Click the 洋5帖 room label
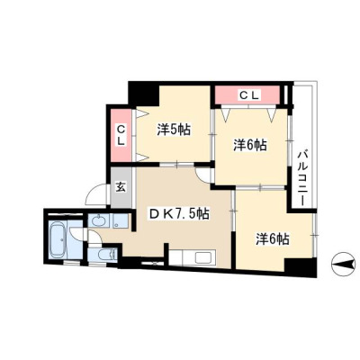pyautogui.click(x=174, y=130)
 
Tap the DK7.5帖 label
pyautogui.click(x=180, y=214)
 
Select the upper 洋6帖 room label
pyautogui.click(x=250, y=146)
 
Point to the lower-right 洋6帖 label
pyautogui.click(x=273, y=239)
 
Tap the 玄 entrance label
pyautogui.click(x=121, y=187)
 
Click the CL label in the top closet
pyautogui.click(x=248, y=95)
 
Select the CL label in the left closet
pyautogui.click(x=121, y=135)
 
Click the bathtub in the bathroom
pyautogui.click(x=58, y=239)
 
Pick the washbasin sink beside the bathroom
pyautogui.click(x=98, y=221)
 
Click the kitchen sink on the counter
pyautogui.click(x=203, y=257)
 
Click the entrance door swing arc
pyautogui.click(x=94, y=192)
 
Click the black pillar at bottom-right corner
pyautogui.click(x=300, y=267)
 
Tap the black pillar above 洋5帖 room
pyautogui.click(x=143, y=94)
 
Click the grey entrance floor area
pyautogui.click(x=121, y=187)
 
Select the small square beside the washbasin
pyautogui.click(x=121, y=220)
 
